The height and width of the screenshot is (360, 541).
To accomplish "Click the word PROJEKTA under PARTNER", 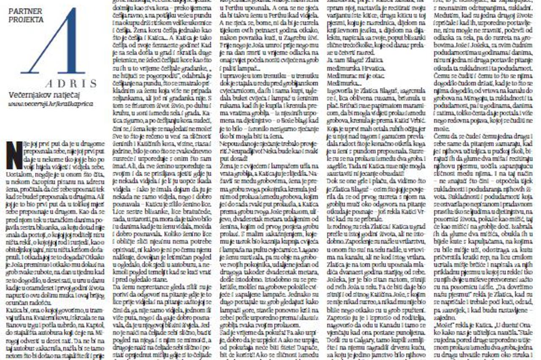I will tap(25, 19).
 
